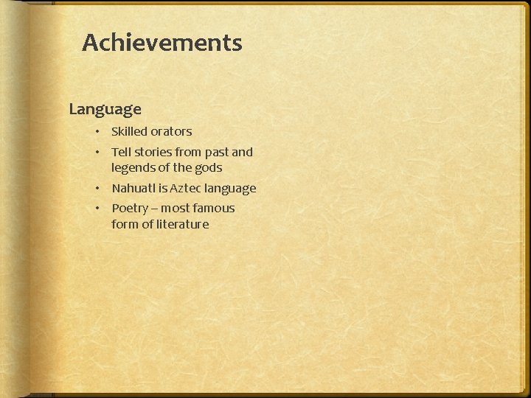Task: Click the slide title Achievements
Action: click(162, 43)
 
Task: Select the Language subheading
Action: click(105, 110)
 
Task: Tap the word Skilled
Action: click(129, 132)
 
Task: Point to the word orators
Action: click(171, 132)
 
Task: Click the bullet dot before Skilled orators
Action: click(96, 132)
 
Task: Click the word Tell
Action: click(121, 153)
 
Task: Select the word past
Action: click(215, 153)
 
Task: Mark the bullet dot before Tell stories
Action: click(96, 153)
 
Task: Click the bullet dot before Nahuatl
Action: click(96, 189)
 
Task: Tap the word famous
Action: click(214, 209)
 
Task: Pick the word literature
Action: click(183, 224)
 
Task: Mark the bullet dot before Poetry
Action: click(96, 209)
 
